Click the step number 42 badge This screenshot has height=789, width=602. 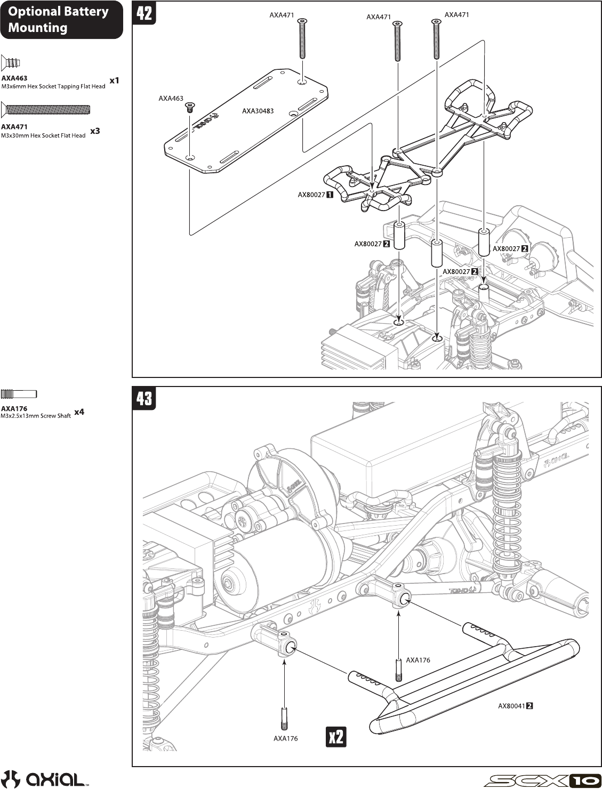click(x=145, y=13)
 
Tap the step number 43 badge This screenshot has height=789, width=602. click(x=145, y=398)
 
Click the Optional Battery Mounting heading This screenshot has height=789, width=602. click(x=58, y=20)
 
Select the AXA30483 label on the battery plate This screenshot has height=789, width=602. click(x=258, y=111)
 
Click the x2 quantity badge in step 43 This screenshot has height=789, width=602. click(x=336, y=737)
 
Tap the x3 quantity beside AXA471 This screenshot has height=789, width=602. click(x=95, y=131)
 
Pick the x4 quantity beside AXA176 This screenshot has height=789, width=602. click(x=79, y=412)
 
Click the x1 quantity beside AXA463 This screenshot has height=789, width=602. click(x=114, y=80)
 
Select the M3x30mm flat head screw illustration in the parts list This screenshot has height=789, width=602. click(x=45, y=110)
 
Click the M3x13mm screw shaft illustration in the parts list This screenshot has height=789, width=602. click(x=19, y=394)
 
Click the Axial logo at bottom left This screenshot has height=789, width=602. click(x=45, y=778)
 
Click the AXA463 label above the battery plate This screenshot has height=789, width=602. click(x=171, y=99)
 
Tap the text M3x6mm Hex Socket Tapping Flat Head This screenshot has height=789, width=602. click(x=53, y=86)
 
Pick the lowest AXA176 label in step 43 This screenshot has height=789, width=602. click(x=285, y=738)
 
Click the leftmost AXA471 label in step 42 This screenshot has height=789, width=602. click(x=282, y=15)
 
